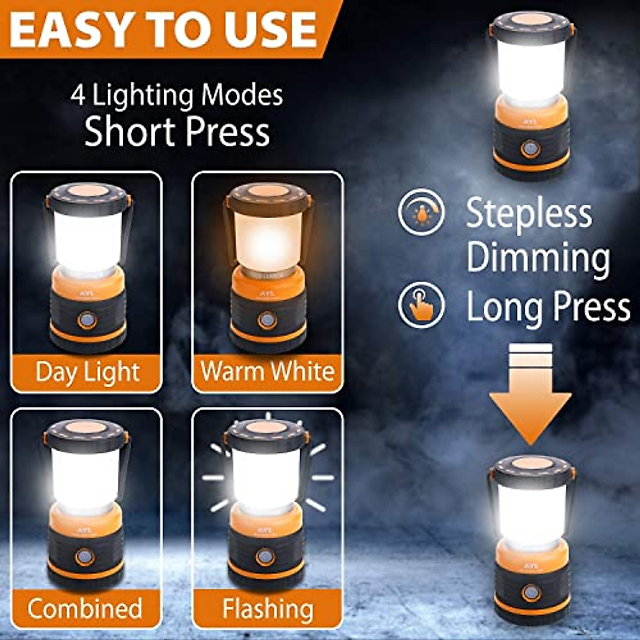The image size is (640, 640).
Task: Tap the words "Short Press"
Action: pyautogui.click(x=177, y=132)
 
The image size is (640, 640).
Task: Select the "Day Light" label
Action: pyautogui.click(x=87, y=372)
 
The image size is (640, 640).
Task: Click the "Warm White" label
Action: pyautogui.click(x=268, y=371)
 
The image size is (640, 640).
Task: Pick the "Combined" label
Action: pyautogui.click(x=85, y=609)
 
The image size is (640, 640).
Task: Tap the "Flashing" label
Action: pyautogui.click(x=268, y=609)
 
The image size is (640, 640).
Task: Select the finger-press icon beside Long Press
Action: pyautogui.click(x=421, y=305)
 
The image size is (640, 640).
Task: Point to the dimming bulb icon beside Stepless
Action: pyautogui.click(x=421, y=212)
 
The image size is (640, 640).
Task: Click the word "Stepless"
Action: pyautogui.click(x=529, y=213)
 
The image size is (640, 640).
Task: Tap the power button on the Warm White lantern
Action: pyautogui.click(x=267, y=321)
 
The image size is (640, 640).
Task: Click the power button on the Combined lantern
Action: pyautogui.click(x=84, y=557)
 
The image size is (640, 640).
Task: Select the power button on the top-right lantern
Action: pyautogui.click(x=531, y=149)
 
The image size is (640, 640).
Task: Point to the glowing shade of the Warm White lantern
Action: pyautogui.click(x=267, y=237)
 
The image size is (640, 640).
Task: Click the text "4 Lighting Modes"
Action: pyautogui.click(x=177, y=96)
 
